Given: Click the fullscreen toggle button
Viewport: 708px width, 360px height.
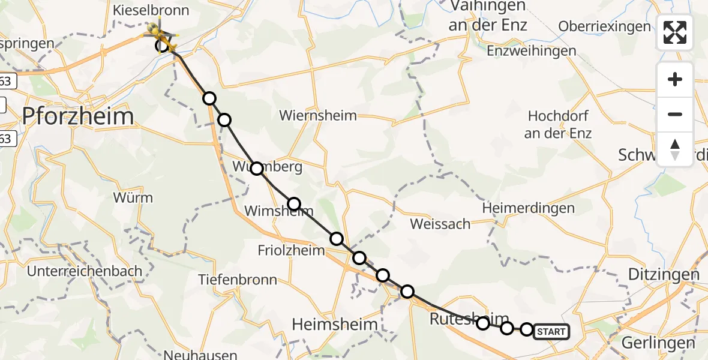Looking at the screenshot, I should click(675, 32).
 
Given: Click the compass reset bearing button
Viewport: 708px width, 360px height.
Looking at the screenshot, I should click(675, 149).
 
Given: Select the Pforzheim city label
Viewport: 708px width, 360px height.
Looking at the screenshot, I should click(78, 116).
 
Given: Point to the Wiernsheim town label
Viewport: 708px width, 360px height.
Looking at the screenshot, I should click(318, 115).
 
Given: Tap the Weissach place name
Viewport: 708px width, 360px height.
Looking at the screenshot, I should click(440, 224).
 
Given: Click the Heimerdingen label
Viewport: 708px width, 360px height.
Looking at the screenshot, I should click(529, 208).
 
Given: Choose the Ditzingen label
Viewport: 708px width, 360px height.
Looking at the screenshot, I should click(664, 275).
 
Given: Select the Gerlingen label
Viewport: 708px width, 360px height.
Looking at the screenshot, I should click(659, 343).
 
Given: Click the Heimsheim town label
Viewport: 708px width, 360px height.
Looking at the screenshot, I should click(335, 325).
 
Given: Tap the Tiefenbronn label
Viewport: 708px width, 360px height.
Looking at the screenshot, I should click(238, 280).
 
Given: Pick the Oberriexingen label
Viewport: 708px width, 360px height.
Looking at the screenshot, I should click(604, 26).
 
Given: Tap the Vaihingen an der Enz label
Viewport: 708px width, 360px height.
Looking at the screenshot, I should click(487, 16).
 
